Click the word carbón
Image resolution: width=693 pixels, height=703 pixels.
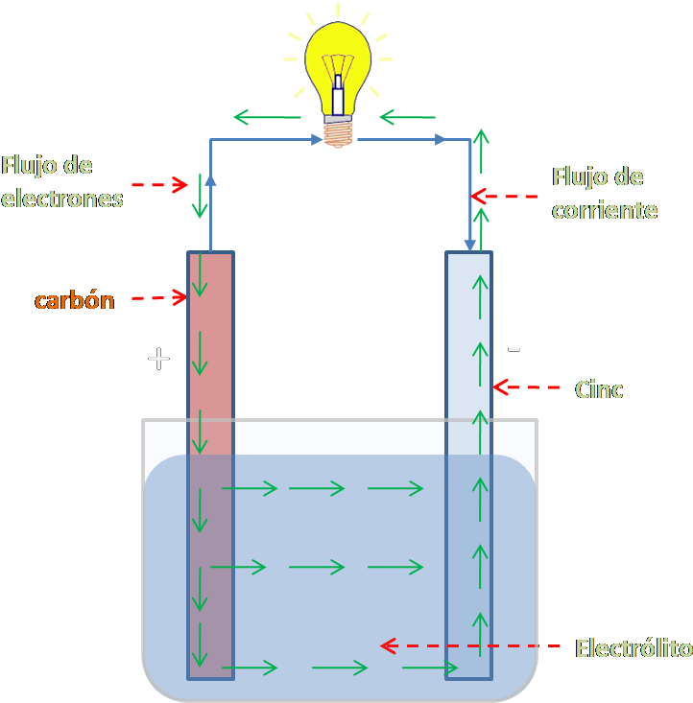(74, 300)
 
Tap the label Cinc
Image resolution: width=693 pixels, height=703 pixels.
(599, 389)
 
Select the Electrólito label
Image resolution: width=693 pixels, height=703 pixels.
(633, 648)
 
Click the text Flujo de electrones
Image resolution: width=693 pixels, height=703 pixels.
(61, 181)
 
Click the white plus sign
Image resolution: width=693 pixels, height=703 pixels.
(158, 359)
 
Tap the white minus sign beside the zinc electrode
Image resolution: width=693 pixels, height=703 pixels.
(514, 350)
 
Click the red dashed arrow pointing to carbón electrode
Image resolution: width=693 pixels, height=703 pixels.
(158, 298)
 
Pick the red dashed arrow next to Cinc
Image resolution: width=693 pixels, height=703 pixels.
(526, 387)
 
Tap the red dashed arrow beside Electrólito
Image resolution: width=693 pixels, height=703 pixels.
(470, 645)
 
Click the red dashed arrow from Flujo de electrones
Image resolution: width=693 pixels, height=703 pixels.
(160, 184)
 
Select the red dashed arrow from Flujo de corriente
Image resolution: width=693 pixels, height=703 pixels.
(503, 197)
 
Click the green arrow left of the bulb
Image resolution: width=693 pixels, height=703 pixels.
(268, 118)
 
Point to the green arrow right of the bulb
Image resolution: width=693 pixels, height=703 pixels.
(407, 118)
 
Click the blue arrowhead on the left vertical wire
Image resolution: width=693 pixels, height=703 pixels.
(210, 178)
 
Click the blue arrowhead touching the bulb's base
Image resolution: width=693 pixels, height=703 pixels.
(317, 140)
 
